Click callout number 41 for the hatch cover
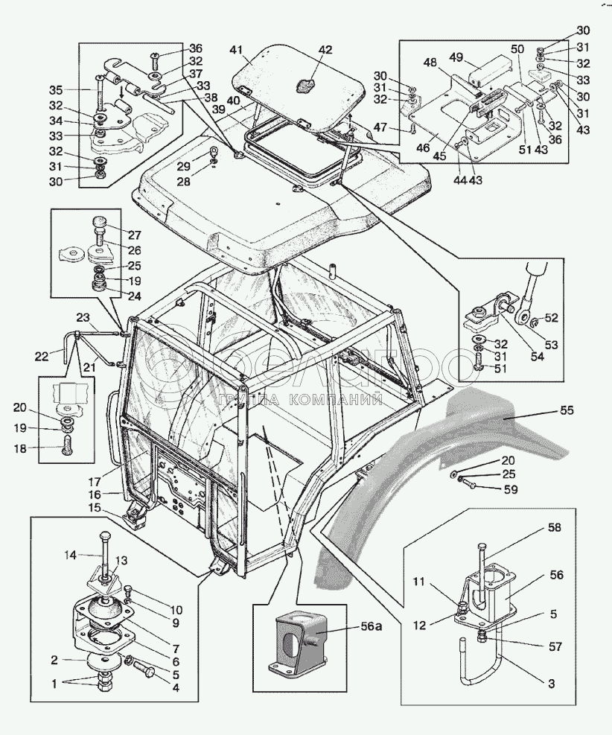[x=236, y=51]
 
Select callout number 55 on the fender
[x=567, y=410]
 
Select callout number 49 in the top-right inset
[x=457, y=57]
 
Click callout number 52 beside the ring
[x=551, y=317]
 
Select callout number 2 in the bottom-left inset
[x=54, y=660]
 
